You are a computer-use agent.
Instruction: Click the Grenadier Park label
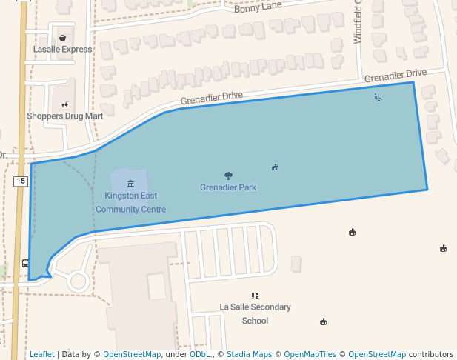pos(228,187)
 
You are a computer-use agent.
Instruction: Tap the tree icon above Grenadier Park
pos(228,176)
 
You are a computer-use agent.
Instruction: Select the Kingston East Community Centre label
pos(130,203)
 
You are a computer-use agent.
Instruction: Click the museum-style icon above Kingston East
pos(130,183)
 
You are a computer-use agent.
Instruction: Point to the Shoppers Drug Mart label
pos(65,116)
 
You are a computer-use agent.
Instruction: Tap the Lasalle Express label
pos(63,50)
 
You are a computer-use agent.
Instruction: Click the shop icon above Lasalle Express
pos(63,37)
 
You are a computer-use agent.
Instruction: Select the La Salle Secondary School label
pos(255,314)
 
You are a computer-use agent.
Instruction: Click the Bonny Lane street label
pos(258,8)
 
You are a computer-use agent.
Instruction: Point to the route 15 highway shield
pos(20,181)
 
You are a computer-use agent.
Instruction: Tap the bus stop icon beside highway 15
pos(26,263)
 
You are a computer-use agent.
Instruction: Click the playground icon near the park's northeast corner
pos(378,97)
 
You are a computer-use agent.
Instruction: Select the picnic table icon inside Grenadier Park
pos(275,167)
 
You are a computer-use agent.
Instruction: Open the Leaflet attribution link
pos(41,354)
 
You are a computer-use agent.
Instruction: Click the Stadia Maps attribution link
pos(249,354)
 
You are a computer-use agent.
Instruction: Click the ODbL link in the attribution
pos(200,354)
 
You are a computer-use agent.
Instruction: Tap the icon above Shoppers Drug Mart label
pos(65,104)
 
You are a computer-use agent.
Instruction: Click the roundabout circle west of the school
pos(78,281)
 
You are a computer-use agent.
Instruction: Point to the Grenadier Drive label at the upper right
pos(396,76)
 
